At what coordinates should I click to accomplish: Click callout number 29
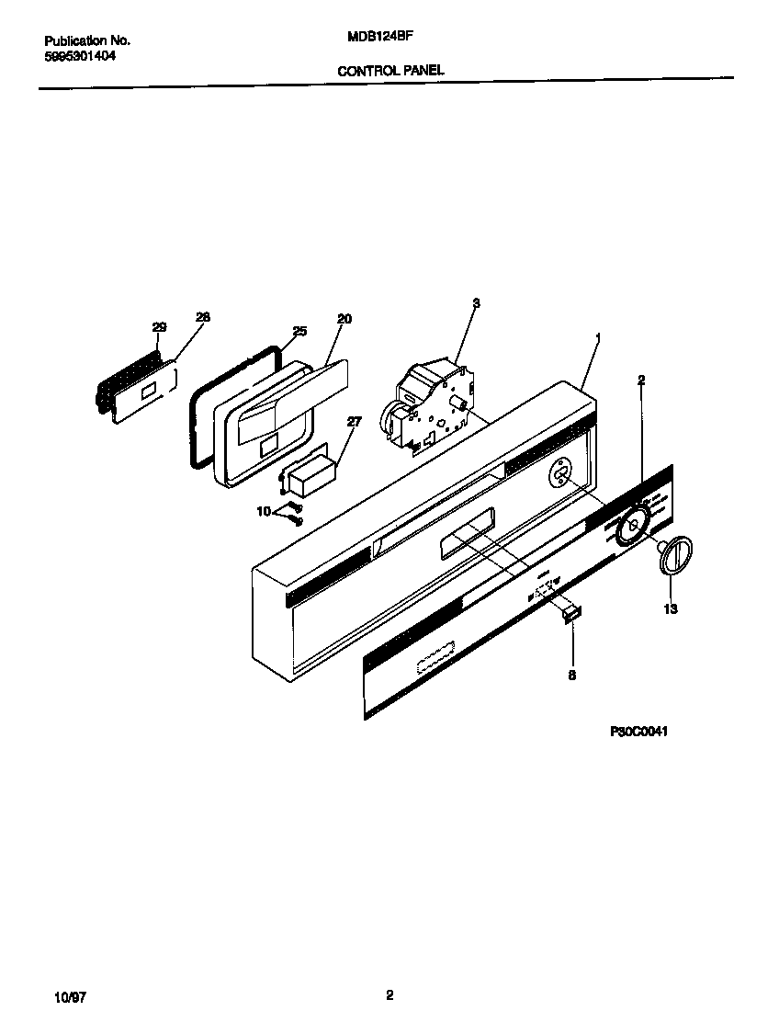(x=159, y=327)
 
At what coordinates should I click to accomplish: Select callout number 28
(x=202, y=317)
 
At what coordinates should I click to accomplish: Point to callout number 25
(x=299, y=331)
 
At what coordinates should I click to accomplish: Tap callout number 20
(x=344, y=319)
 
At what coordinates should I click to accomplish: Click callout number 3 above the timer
(x=476, y=302)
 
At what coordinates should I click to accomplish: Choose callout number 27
(x=355, y=422)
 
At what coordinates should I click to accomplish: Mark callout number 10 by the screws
(x=264, y=510)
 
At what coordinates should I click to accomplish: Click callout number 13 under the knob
(x=671, y=608)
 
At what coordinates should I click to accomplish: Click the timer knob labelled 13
(x=675, y=557)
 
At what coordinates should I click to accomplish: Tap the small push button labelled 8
(x=571, y=611)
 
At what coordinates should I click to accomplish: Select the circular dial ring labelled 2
(x=632, y=528)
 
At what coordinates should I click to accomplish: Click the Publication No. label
(x=87, y=41)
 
